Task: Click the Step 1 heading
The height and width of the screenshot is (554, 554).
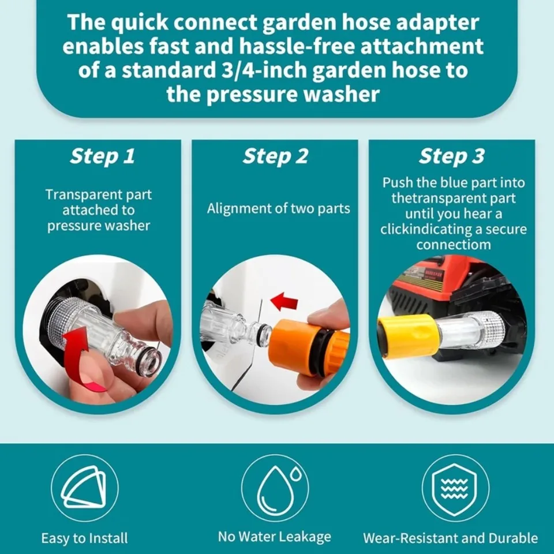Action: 102,156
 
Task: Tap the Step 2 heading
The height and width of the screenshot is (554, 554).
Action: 275,156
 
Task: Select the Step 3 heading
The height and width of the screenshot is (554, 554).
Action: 452,156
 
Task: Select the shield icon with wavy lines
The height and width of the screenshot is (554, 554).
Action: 455,488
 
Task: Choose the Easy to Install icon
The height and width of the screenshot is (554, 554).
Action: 84,488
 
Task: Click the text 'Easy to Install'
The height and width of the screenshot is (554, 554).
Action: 84,538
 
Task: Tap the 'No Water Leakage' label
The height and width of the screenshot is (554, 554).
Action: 275,537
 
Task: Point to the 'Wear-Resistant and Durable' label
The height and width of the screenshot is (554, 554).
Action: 450,538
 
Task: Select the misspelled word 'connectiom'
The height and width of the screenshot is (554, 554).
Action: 453,245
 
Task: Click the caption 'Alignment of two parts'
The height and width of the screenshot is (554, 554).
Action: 279,208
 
